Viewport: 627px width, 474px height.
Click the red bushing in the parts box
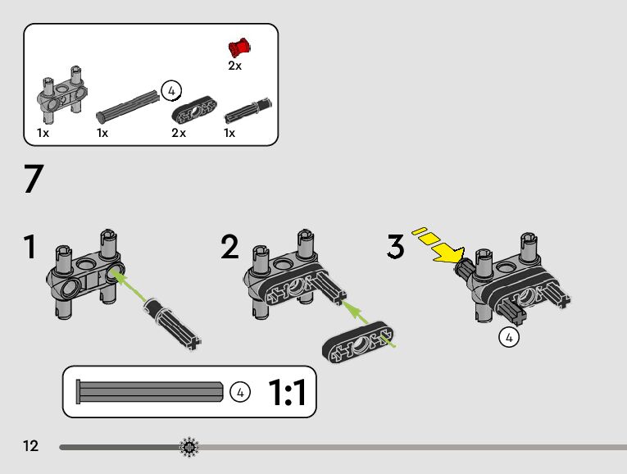(x=239, y=48)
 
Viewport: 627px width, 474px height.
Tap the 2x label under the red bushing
(x=234, y=66)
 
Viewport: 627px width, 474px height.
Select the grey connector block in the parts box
(x=62, y=94)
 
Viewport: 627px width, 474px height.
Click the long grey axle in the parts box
(x=128, y=106)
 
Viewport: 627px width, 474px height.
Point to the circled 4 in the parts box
(x=171, y=91)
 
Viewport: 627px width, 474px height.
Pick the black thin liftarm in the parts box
(x=194, y=109)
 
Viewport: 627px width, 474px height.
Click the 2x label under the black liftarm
(x=179, y=133)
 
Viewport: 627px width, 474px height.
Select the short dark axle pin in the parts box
(x=248, y=111)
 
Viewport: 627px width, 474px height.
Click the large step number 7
(x=34, y=179)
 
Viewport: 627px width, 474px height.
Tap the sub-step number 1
(x=30, y=247)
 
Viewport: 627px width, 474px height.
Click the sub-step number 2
(x=229, y=247)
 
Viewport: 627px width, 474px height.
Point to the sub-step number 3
(x=396, y=246)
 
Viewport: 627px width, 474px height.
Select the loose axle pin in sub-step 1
(x=172, y=324)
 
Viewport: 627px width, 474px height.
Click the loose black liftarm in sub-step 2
(x=358, y=342)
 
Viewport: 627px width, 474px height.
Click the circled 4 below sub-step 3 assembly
(x=509, y=338)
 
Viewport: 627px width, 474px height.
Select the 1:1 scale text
(x=287, y=392)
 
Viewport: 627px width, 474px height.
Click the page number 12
(x=31, y=446)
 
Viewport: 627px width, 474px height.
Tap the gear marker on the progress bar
(x=189, y=447)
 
